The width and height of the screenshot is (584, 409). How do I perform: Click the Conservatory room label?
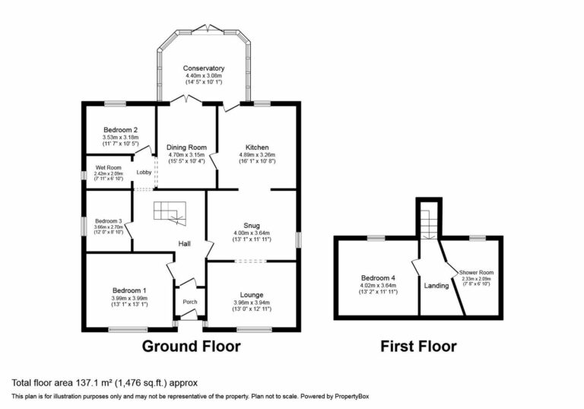(203, 68)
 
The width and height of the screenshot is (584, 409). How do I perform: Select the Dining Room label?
(187, 147)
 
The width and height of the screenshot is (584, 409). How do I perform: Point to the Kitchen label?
(256, 147)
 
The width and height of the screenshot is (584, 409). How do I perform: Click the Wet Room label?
(108, 167)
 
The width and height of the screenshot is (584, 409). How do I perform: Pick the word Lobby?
(144, 173)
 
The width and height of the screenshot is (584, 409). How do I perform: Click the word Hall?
(184, 243)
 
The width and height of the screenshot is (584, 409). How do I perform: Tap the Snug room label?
(252, 225)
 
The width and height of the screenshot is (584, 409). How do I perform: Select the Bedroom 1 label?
(129, 290)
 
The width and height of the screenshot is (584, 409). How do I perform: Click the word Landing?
(436, 286)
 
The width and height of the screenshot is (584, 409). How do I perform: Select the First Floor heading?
(418, 347)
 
